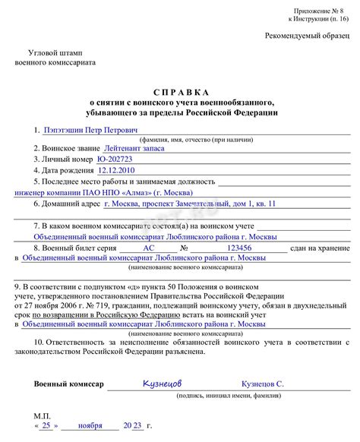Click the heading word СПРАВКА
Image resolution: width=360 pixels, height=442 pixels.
pos(181,91)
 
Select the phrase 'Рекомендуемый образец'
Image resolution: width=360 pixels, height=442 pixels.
pos(308,36)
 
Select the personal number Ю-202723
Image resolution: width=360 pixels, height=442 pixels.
pos(118,160)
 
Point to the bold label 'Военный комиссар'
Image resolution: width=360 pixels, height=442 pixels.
pos(68,385)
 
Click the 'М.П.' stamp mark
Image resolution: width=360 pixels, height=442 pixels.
pos(43,416)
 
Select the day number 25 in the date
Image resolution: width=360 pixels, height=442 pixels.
pos(48,427)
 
